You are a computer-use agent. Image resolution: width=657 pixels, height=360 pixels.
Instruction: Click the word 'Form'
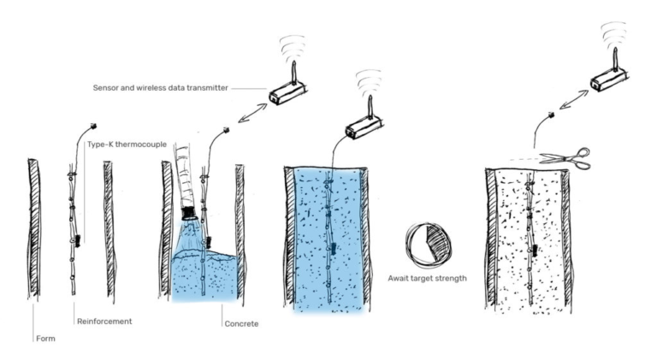[x=45, y=339]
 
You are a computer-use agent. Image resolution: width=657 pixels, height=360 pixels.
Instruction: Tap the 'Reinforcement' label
[x=104, y=322]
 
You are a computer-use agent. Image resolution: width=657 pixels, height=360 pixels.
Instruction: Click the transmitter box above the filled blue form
[x=364, y=128]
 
